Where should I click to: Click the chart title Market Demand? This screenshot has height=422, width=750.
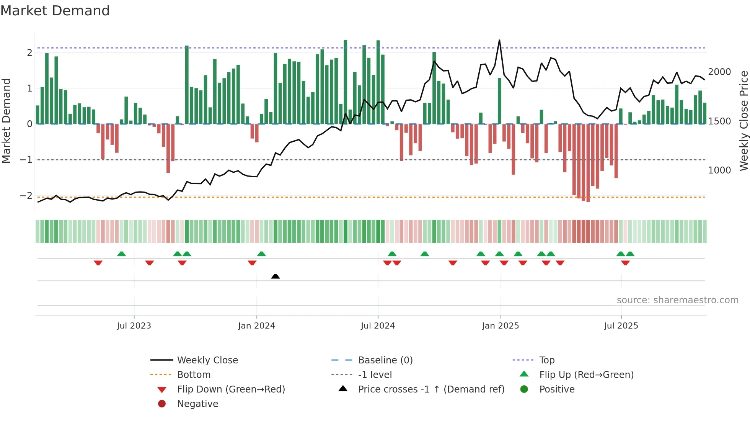click(x=55, y=11)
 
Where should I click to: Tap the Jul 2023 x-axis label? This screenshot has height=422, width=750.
click(x=134, y=326)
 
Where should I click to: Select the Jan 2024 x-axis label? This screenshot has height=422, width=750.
click(x=256, y=326)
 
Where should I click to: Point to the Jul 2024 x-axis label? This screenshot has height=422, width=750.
click(x=378, y=326)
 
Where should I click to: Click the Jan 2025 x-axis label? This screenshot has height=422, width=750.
click(x=500, y=326)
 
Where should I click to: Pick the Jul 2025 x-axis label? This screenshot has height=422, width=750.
click(x=621, y=326)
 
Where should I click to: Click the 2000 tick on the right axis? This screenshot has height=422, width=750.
click(x=719, y=72)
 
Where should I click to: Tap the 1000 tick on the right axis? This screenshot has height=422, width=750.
click(x=719, y=170)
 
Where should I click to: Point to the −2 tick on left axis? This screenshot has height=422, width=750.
click(x=26, y=196)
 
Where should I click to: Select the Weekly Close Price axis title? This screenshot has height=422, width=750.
click(x=743, y=121)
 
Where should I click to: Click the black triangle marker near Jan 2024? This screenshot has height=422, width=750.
click(x=276, y=276)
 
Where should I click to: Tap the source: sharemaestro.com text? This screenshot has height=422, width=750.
click(x=677, y=300)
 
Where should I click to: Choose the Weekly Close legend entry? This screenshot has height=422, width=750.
click(x=207, y=360)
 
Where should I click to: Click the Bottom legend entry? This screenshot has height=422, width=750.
click(x=194, y=375)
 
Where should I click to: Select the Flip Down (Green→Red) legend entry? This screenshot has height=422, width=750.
click(x=231, y=389)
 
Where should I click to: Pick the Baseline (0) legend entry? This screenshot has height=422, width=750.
click(x=385, y=360)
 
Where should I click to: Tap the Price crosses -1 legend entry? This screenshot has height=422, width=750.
click(x=431, y=389)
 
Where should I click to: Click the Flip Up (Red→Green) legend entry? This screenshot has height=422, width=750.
click(x=586, y=375)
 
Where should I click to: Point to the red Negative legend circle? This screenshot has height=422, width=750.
click(x=162, y=404)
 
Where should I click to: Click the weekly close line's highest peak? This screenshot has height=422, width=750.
click(x=499, y=40)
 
